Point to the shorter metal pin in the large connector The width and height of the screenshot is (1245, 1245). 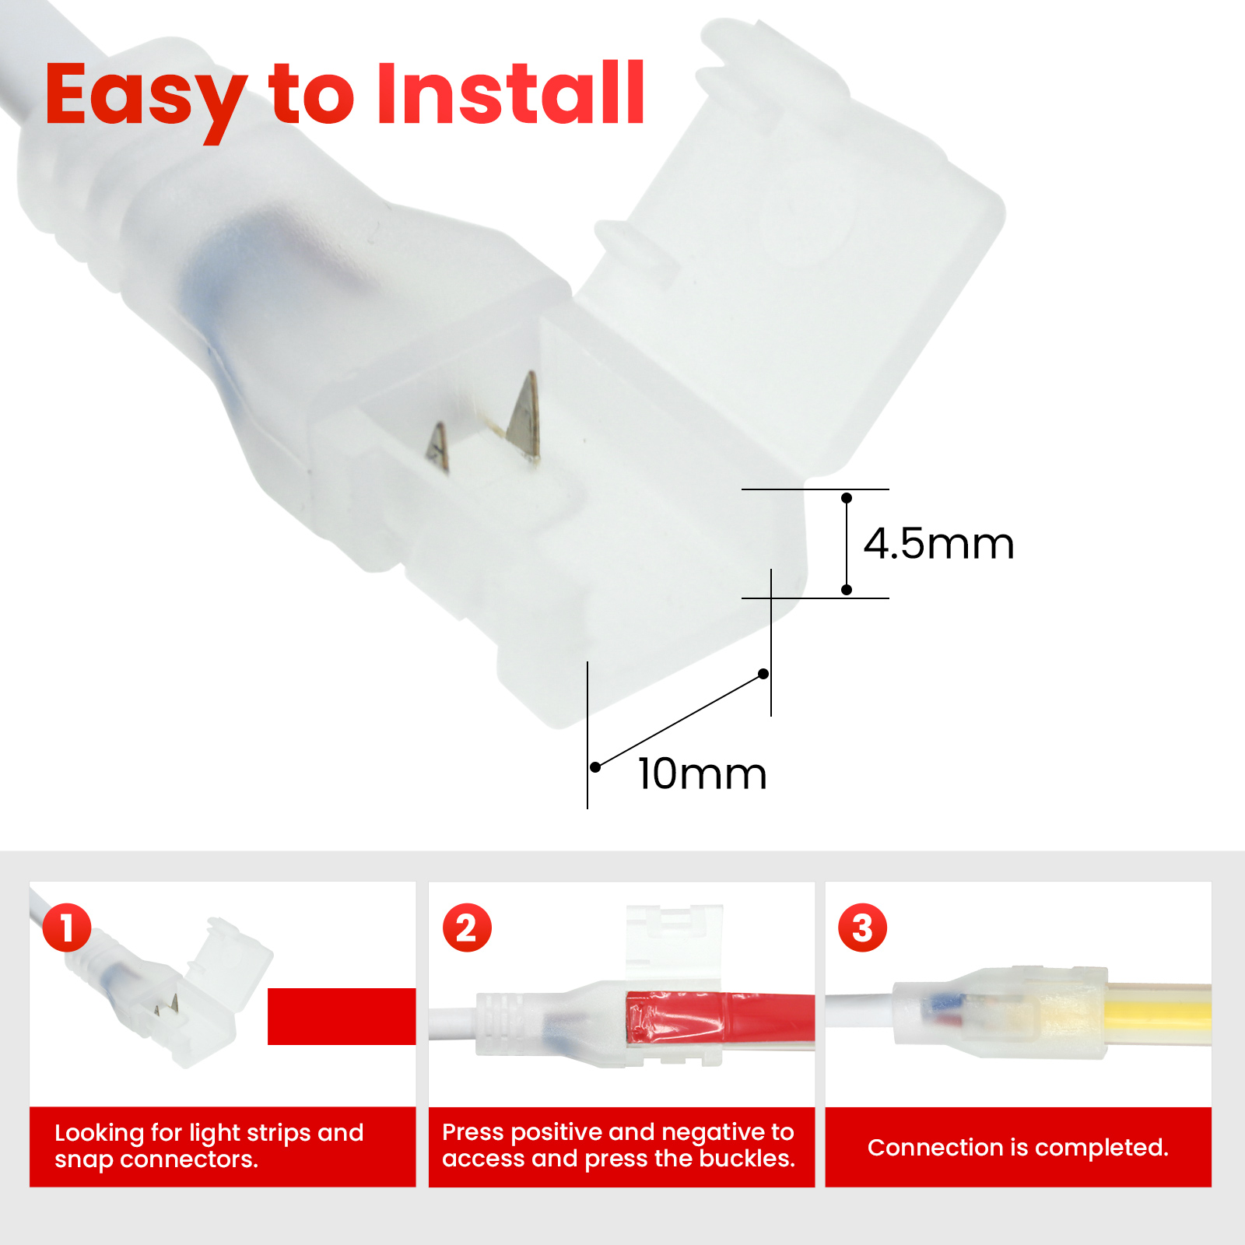coord(438,448)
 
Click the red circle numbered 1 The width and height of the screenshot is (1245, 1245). coord(67,928)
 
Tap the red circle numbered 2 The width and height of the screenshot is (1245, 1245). coord(467,928)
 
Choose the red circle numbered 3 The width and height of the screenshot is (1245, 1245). coord(862,928)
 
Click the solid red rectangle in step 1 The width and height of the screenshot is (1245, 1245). coord(342,1016)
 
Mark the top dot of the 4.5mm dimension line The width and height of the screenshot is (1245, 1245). coord(847,498)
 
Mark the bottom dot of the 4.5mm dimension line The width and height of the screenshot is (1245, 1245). coord(847,590)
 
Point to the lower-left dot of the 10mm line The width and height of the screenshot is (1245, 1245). coord(595,767)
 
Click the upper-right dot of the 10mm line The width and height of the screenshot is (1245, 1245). coord(763,674)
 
